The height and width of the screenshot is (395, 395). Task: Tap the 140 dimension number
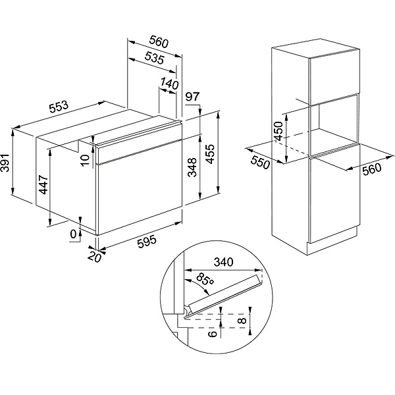(169, 84)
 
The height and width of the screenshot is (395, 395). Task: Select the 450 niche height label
(278, 132)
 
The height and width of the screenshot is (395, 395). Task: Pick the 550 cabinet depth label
(261, 161)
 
